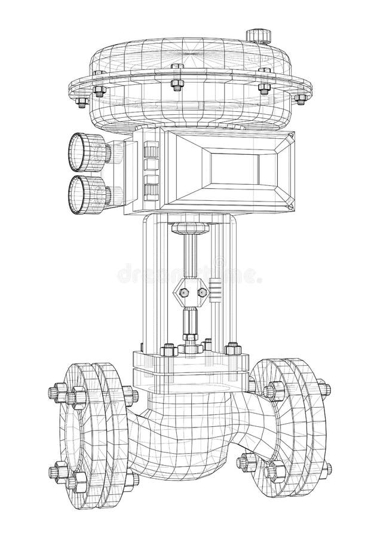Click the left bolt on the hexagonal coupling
[184, 292]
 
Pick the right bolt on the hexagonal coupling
[201, 292]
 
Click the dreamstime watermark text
[189, 274]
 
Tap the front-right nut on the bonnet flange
[230, 347]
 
